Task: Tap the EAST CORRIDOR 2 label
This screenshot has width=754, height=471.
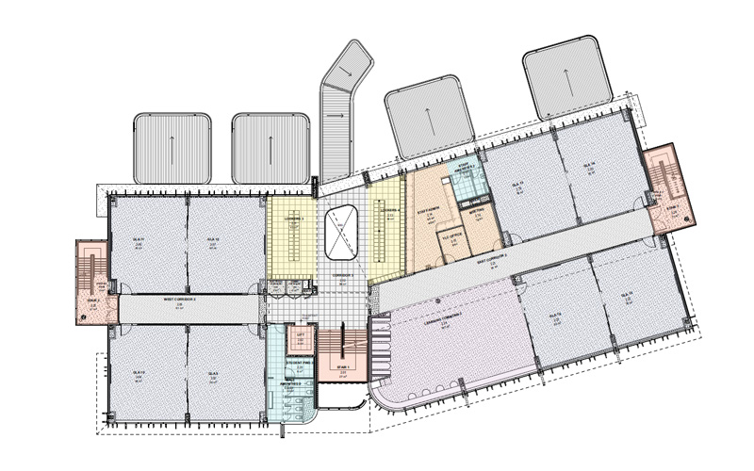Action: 492,256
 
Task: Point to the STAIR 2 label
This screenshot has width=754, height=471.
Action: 93,301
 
